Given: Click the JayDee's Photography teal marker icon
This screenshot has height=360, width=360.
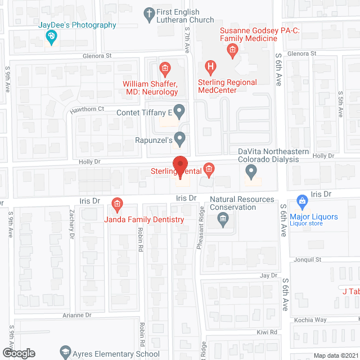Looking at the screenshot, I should click(51, 37).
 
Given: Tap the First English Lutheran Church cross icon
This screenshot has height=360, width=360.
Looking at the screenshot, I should click(150, 15).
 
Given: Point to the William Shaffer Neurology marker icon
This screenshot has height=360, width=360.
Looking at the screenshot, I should click(165, 70).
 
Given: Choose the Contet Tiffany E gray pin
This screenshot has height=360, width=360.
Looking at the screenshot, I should click(179, 111).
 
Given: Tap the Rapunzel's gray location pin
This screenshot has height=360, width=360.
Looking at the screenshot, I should click(179, 138).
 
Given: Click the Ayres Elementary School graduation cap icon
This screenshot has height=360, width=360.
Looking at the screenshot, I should click(65, 353).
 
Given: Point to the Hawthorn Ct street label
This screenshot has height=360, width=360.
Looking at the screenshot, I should click(87, 109).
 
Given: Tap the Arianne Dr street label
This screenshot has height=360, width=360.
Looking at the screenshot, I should click(76, 316).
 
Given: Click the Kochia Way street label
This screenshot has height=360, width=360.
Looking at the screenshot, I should click(310, 320).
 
